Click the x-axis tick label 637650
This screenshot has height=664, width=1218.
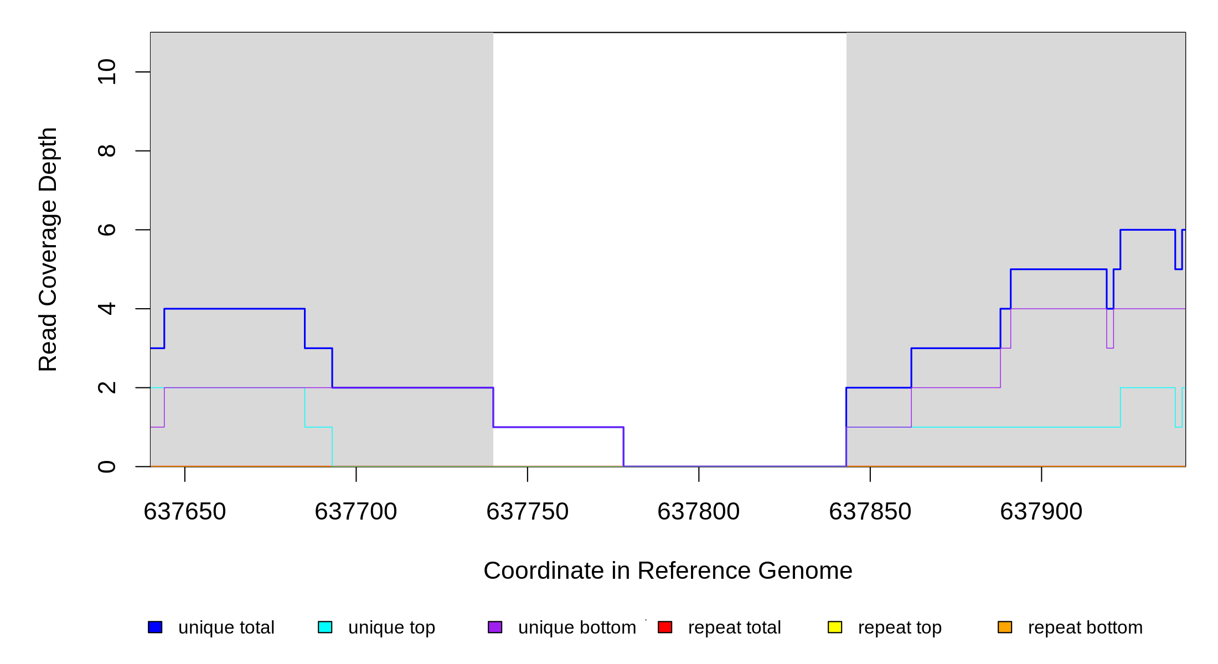pos(185,512)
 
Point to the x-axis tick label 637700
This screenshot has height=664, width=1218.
pos(356,512)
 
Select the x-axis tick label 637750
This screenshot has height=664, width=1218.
pos(528,512)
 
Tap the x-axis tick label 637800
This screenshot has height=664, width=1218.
pos(699,512)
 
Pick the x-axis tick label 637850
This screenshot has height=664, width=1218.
pos(870,512)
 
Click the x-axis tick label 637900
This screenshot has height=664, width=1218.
pos(1041,512)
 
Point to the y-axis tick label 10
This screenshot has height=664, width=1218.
pos(107,72)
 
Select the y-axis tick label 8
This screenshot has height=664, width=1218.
pos(107,151)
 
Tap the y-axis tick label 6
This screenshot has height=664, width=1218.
pos(107,230)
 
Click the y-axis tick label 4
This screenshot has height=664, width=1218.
pos(107,309)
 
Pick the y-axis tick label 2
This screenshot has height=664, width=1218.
pos(107,387)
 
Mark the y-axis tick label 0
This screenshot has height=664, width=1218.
pos(107,466)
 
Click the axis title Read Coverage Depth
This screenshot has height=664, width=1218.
pos(48,249)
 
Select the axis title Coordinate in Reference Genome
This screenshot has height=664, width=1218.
pos(668,570)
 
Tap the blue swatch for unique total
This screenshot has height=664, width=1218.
pos(155,627)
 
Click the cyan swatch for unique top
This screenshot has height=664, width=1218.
pos(325,627)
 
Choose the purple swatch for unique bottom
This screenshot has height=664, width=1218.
pos(495,627)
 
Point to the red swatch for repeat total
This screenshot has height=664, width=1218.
pos(665,627)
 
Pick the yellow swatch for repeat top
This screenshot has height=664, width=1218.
pos(835,627)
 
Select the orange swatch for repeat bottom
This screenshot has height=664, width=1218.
pos(1005,627)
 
